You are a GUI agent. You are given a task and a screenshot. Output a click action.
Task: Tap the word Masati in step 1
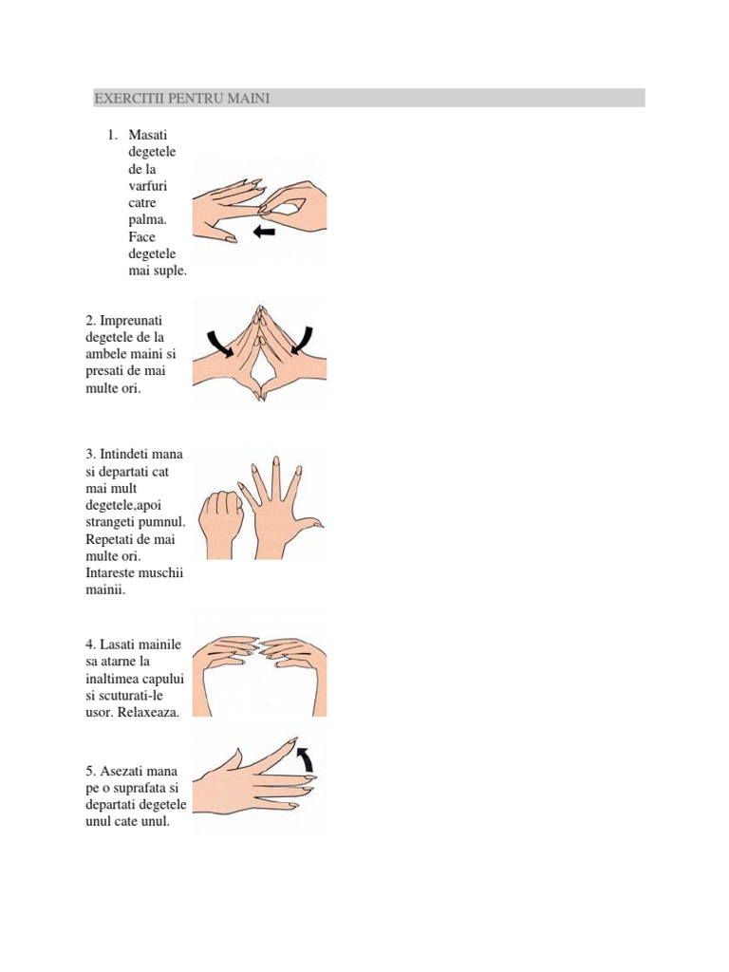tap(147, 135)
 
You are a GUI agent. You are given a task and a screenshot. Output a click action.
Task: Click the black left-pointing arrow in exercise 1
tap(264, 232)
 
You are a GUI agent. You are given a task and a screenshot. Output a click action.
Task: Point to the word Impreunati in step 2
tap(131, 321)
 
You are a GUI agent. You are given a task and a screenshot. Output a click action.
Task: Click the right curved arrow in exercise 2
tap(302, 341)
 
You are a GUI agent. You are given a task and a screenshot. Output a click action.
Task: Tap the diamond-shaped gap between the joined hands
tap(260, 372)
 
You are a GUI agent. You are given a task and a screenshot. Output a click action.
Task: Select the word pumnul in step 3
tap(162, 523)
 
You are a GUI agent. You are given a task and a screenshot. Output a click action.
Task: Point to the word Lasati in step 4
tap(120, 645)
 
